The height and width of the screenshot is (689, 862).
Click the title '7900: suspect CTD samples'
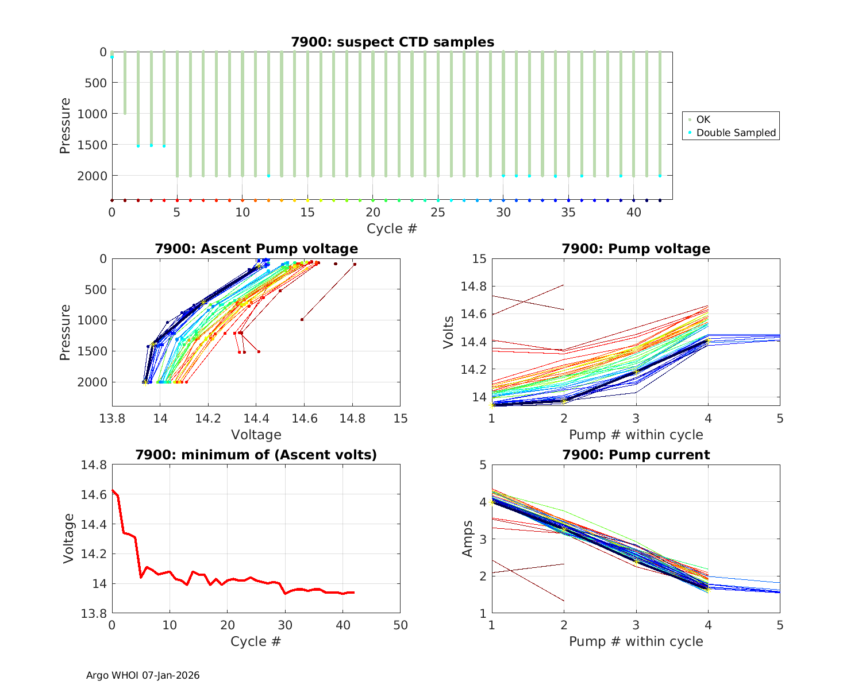[x=392, y=42]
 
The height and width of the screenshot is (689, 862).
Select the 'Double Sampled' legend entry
[x=736, y=133]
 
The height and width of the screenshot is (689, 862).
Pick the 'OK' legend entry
[x=703, y=119]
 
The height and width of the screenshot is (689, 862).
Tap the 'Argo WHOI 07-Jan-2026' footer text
[x=143, y=675]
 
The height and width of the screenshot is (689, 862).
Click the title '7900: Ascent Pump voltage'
[x=256, y=249]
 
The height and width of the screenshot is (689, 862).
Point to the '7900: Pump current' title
[x=636, y=455]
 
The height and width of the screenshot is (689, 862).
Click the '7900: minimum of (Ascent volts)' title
[x=256, y=455]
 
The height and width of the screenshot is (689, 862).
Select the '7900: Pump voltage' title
[x=636, y=249]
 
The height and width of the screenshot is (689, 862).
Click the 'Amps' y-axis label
[x=468, y=539]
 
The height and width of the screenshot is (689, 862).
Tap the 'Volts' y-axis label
[x=448, y=332]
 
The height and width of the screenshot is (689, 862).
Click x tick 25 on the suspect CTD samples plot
[x=438, y=212]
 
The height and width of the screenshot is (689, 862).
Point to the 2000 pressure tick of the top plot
[x=92, y=176]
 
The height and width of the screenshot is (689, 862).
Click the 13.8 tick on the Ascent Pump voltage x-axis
[x=113, y=418]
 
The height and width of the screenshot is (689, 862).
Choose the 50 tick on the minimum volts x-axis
[x=400, y=625]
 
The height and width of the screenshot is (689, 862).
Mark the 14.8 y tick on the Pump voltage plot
[x=473, y=287]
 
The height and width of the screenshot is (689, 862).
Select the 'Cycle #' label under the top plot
[x=392, y=229]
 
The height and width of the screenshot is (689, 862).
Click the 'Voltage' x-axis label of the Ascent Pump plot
[x=256, y=435]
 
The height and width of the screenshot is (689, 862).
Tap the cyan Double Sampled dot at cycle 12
[x=268, y=176]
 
